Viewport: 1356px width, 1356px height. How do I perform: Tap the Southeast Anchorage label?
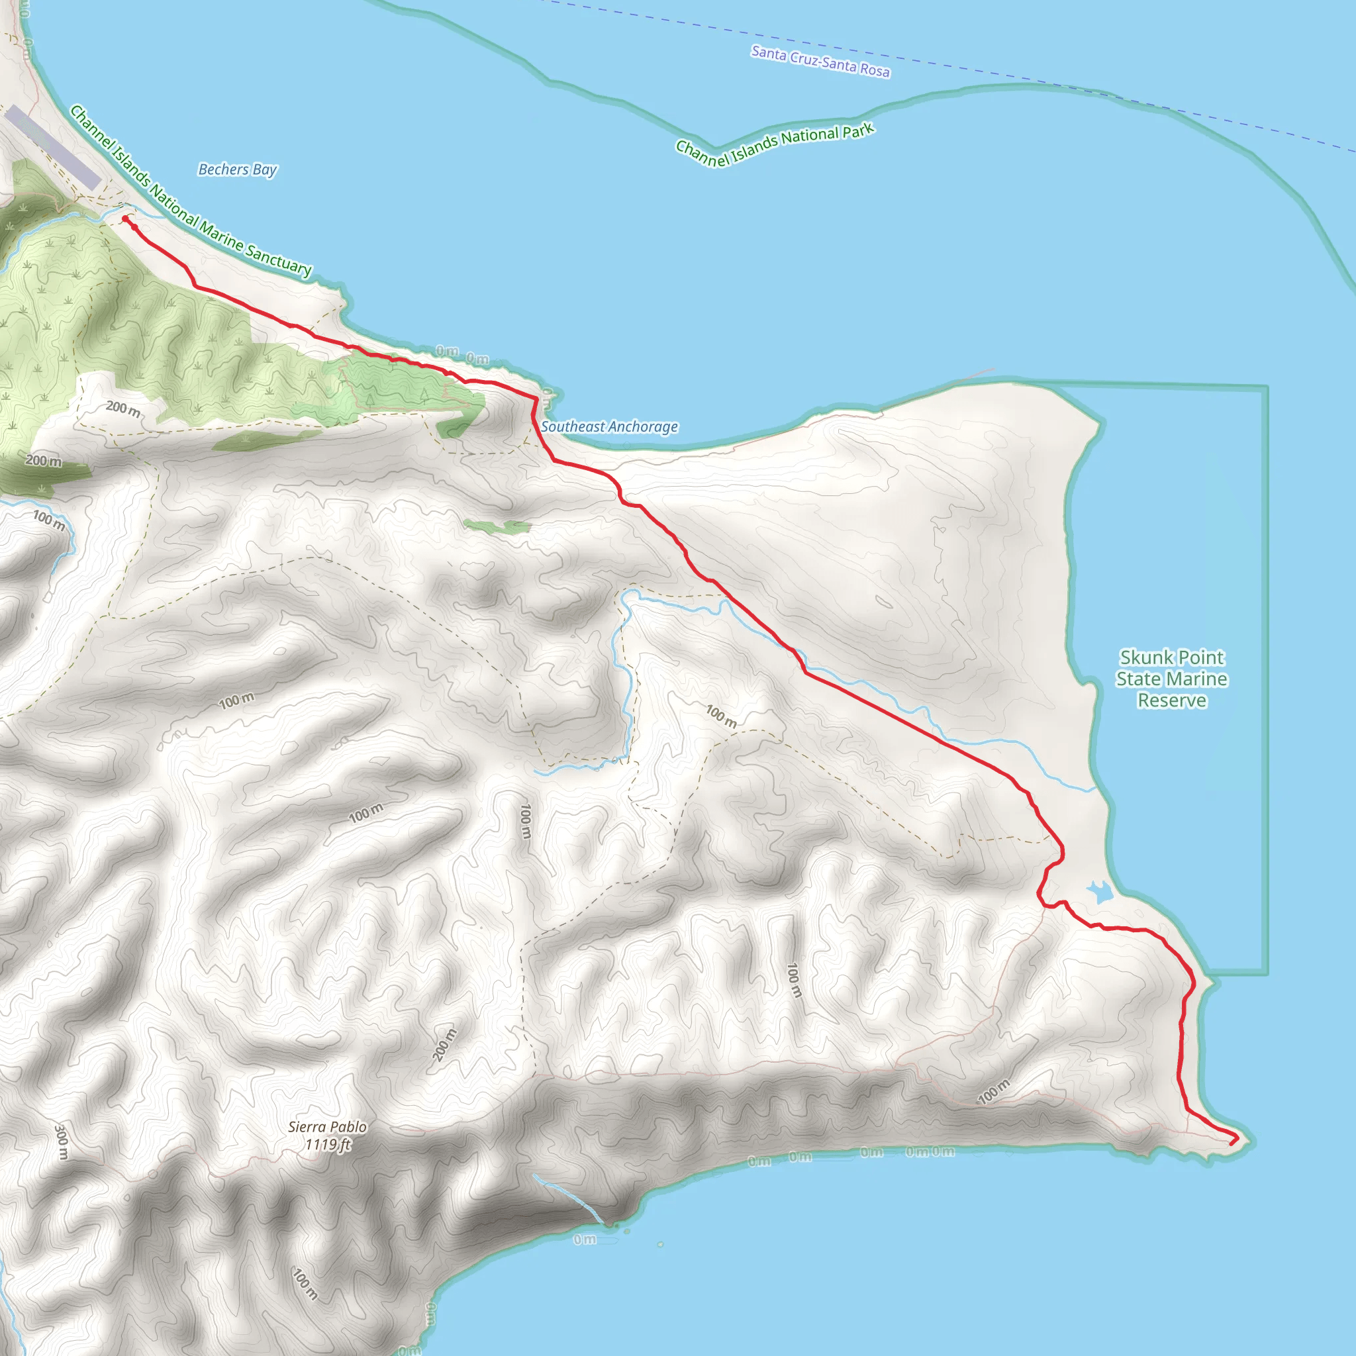pos(609,427)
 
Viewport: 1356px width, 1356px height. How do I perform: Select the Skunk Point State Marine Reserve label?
pos(1171,679)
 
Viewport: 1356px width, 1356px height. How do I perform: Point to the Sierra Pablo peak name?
pos(327,1126)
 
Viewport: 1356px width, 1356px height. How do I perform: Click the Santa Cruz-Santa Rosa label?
pos(820,62)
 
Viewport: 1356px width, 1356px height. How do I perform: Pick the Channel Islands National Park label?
pos(774,144)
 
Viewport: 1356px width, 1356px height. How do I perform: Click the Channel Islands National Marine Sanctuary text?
pos(190,190)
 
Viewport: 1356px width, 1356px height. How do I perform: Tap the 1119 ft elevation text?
pos(327,1145)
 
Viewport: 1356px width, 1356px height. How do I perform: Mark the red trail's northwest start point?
pos(126,219)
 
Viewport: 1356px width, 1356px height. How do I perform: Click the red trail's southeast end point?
pos(1232,1143)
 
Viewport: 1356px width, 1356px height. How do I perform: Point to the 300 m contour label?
pos(62,1141)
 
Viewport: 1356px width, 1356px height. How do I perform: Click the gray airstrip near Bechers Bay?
pos(54,148)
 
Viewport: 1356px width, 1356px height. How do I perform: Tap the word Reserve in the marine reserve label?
pos(1171,701)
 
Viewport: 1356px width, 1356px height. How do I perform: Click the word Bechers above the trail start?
pos(223,169)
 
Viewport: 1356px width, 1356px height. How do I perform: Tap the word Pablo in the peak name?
pos(348,1126)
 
